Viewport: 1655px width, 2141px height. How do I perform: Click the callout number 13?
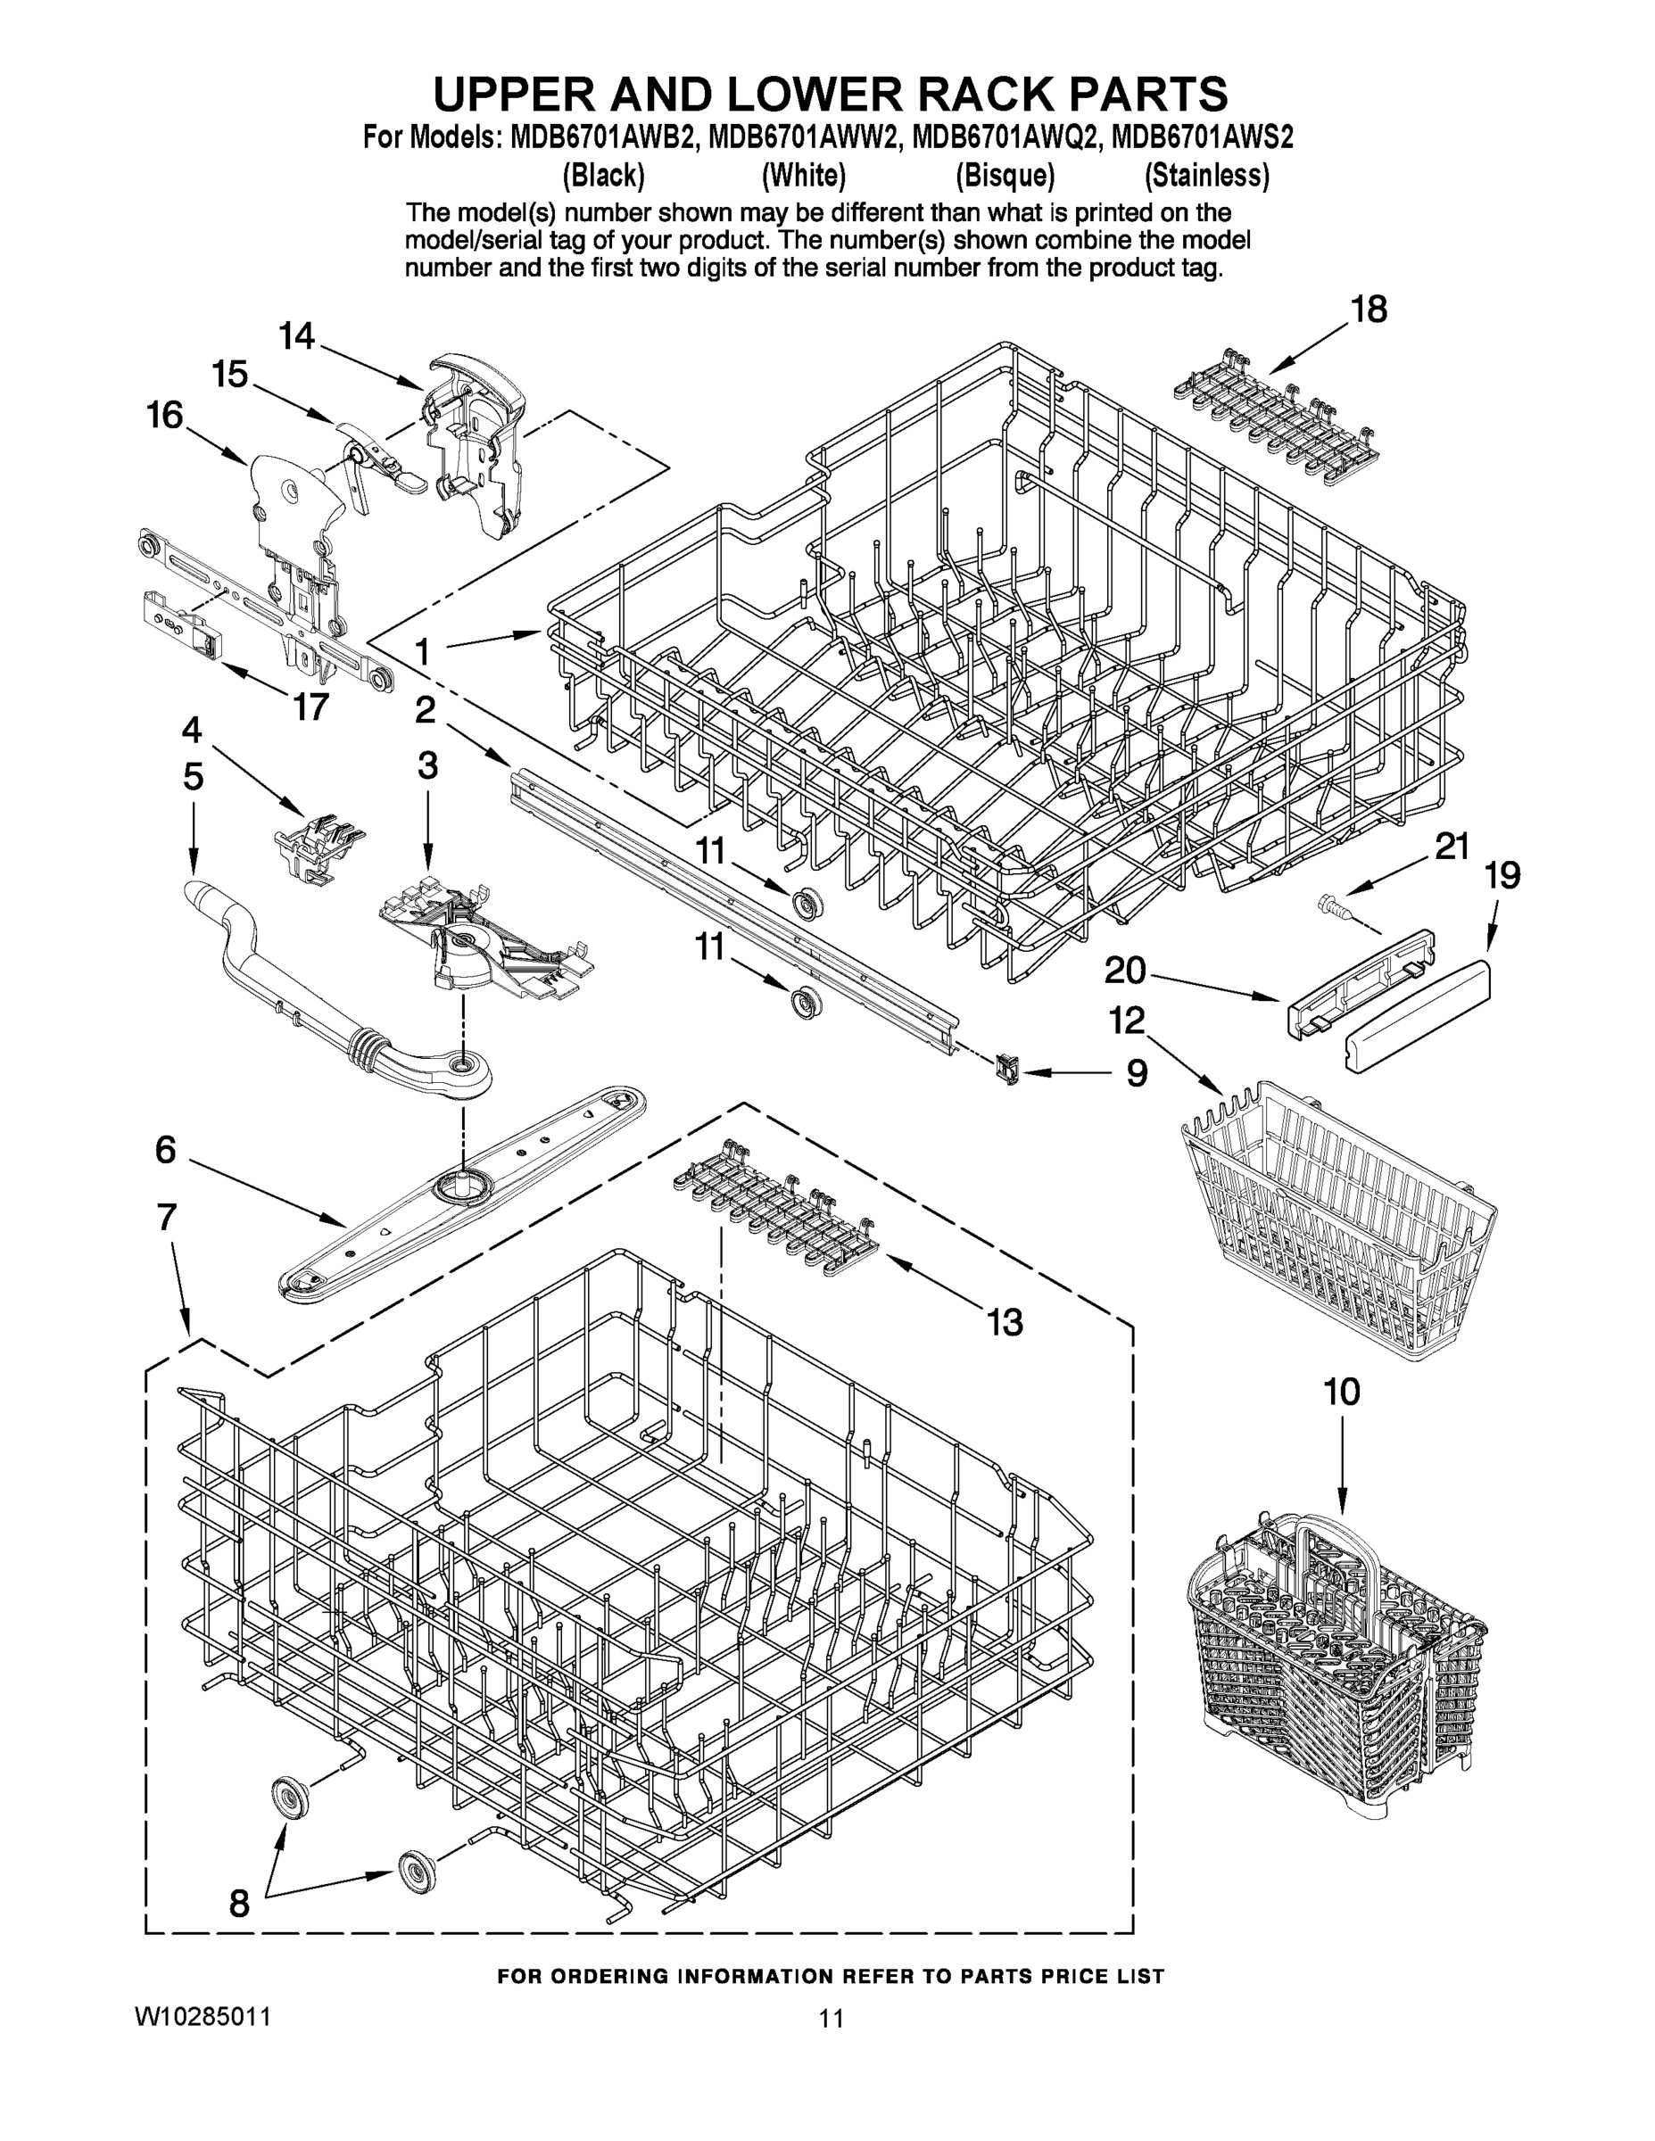tap(1004, 1322)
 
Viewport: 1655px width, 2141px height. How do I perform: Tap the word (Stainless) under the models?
tap(1207, 177)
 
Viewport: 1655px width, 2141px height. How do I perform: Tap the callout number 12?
tap(1127, 1021)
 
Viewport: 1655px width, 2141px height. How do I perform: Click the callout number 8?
tap(239, 1903)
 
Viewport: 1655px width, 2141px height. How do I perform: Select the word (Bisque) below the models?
tap(1005, 177)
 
